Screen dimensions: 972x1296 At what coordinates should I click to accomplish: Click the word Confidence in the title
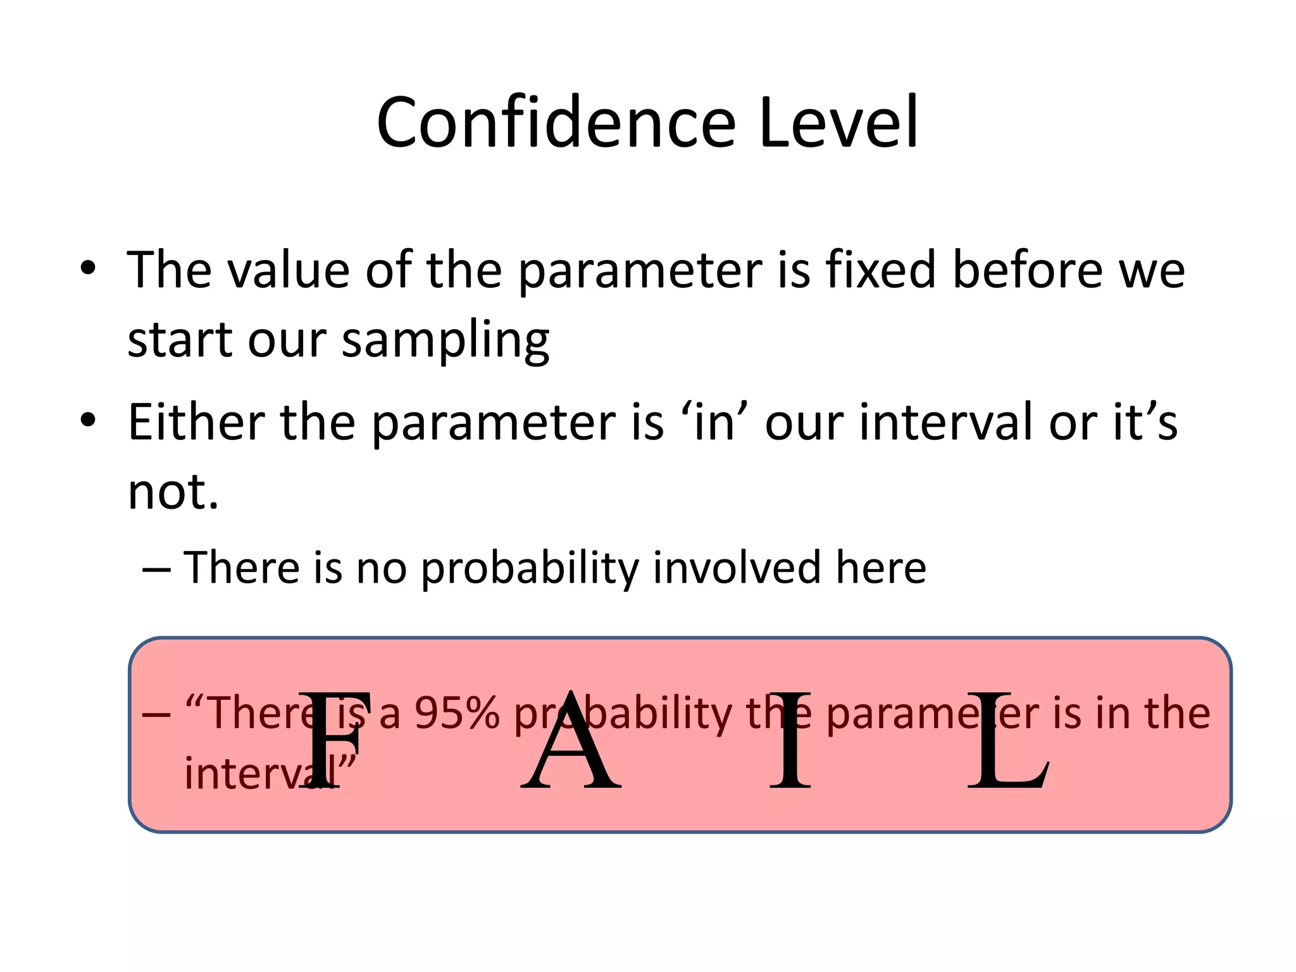point(556,123)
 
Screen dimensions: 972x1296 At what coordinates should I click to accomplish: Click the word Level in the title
point(838,123)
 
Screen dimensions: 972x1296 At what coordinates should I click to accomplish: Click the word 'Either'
point(197,422)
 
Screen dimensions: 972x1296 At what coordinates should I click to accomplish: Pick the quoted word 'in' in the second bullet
point(714,422)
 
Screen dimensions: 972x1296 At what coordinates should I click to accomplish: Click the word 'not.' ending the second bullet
point(173,492)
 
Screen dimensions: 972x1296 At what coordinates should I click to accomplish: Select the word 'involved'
point(737,568)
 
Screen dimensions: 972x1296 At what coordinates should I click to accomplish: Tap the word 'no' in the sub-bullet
point(382,568)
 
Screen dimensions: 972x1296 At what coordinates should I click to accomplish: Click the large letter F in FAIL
point(332,740)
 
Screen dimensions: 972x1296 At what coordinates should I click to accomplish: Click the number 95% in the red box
point(457,713)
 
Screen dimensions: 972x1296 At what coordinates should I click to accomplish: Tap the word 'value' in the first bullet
point(289,270)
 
